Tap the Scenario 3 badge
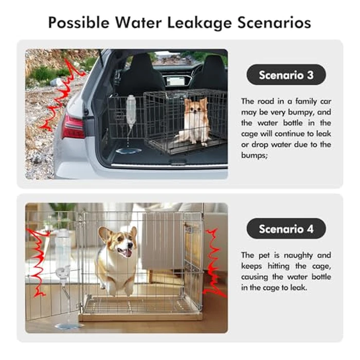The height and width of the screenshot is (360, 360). (286, 75)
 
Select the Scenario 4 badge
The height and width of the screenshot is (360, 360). (286, 228)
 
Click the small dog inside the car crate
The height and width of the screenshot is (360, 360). (196, 120)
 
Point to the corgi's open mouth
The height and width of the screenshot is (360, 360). (125, 252)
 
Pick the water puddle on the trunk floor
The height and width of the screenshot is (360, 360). (128, 151)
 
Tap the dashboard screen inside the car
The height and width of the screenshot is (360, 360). (174, 80)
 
